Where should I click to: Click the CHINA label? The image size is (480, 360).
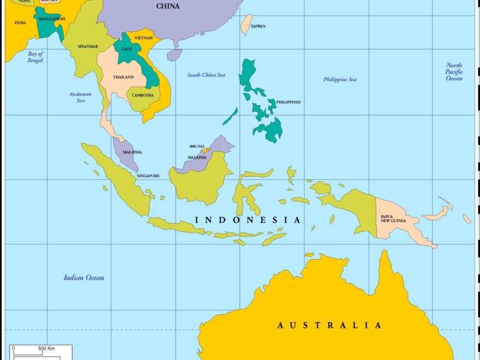click(167, 7)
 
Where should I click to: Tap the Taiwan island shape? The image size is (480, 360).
click(247, 23)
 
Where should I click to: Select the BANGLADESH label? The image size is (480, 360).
click(52, 19)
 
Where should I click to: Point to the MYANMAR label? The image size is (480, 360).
click(88, 46)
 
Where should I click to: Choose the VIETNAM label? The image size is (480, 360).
click(143, 38)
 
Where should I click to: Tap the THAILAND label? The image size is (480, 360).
click(123, 77)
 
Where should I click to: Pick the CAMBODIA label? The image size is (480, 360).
click(143, 95)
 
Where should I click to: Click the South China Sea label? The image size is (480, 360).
click(206, 75)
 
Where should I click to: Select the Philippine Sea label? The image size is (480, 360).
click(340, 79)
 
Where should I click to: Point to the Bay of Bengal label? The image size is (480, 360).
click(35, 57)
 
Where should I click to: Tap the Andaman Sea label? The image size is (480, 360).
click(80, 97)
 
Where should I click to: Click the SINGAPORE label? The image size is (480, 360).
click(148, 176)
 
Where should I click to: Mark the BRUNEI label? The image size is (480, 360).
click(197, 146)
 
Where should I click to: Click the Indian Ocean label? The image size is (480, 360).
click(83, 278)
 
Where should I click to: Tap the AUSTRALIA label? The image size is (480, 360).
click(329, 325)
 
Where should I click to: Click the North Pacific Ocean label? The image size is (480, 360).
click(454, 72)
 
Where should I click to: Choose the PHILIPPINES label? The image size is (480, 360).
click(288, 102)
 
